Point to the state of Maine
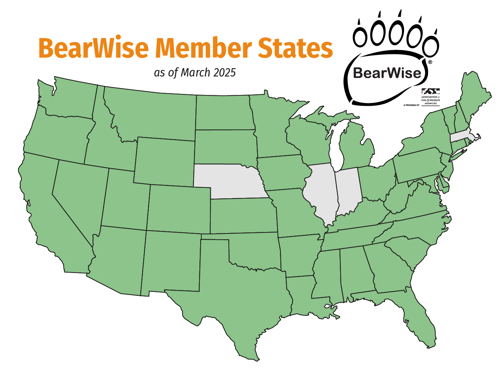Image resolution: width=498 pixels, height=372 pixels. pyautogui.click(x=473, y=96)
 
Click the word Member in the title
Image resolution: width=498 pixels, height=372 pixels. pyautogui.click(x=203, y=48)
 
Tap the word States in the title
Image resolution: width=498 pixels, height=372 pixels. pyautogui.click(x=295, y=48)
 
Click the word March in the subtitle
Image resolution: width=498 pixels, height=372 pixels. pyautogui.click(x=196, y=73)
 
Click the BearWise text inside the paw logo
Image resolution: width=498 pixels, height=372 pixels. pyautogui.click(x=387, y=73)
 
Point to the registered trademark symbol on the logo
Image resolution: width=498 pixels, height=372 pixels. pyautogui.click(x=430, y=62)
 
